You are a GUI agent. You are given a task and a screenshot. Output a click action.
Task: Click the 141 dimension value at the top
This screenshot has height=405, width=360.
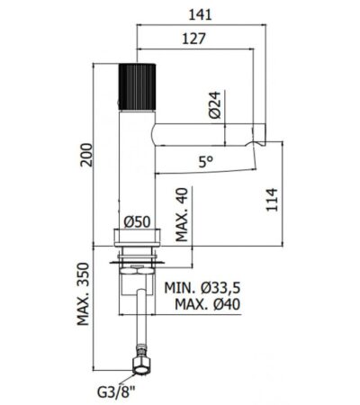pos(200,14)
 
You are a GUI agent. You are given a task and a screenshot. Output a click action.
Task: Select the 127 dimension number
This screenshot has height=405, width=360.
pos(194,39)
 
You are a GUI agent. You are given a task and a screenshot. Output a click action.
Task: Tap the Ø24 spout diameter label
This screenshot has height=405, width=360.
pos(215,104)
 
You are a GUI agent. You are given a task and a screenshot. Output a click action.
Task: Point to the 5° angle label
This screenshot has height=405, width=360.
pos(205,162)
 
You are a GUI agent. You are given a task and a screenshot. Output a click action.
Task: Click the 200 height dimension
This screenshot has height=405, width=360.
pos(86,155)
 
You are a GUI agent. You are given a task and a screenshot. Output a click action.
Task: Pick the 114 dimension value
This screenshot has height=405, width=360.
pos(272,200)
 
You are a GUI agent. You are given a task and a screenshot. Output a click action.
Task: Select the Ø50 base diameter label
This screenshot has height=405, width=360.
pos(137,222)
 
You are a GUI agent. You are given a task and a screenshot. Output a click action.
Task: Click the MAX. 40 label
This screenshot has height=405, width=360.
pos(182,215)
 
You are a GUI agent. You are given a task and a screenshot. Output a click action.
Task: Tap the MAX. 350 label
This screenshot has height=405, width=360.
pos(83,294)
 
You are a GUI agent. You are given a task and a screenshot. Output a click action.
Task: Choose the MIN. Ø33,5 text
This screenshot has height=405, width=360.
pos(202,288)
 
